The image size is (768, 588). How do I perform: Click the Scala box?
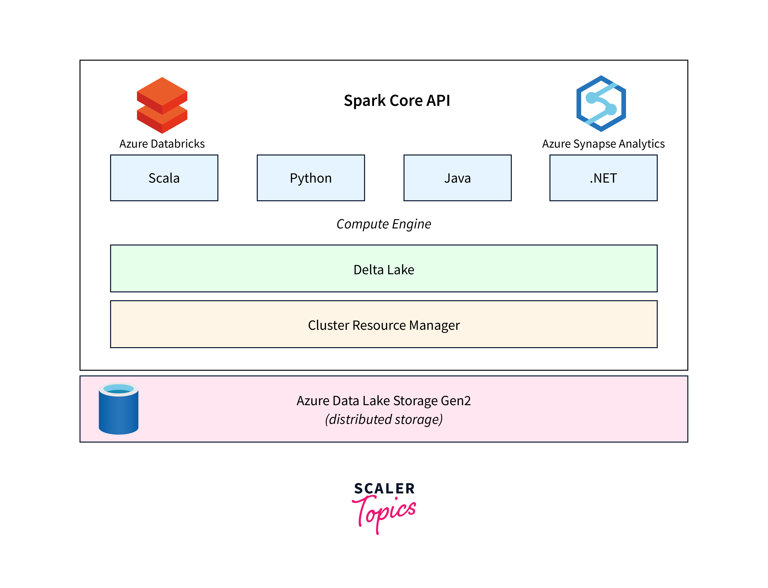[x=164, y=178]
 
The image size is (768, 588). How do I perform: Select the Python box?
[x=310, y=178]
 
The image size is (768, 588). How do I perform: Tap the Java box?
[x=457, y=178]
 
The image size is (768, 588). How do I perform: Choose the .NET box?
[x=603, y=178]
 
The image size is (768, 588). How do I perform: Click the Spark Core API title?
[x=397, y=100]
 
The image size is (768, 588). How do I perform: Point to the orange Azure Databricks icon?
[x=162, y=105]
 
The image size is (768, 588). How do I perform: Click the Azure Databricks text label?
[x=162, y=144]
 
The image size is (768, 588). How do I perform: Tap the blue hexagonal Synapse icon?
[x=601, y=104]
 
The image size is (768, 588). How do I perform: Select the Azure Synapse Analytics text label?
[x=603, y=144]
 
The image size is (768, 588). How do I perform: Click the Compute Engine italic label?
[x=384, y=224]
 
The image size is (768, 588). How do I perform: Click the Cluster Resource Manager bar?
[x=384, y=324]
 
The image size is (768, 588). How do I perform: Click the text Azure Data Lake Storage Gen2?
[x=384, y=401]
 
